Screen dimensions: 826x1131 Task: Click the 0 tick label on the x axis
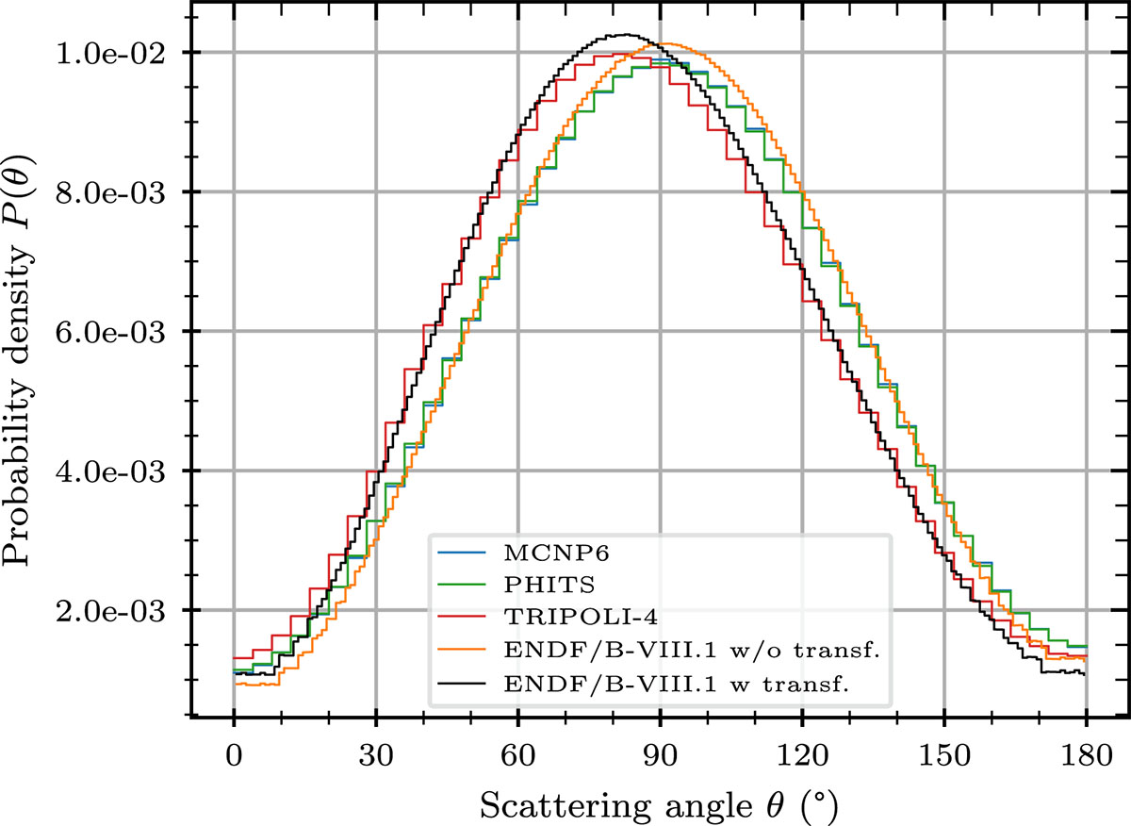click(234, 758)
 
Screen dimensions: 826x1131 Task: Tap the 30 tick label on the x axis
click(376, 758)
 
